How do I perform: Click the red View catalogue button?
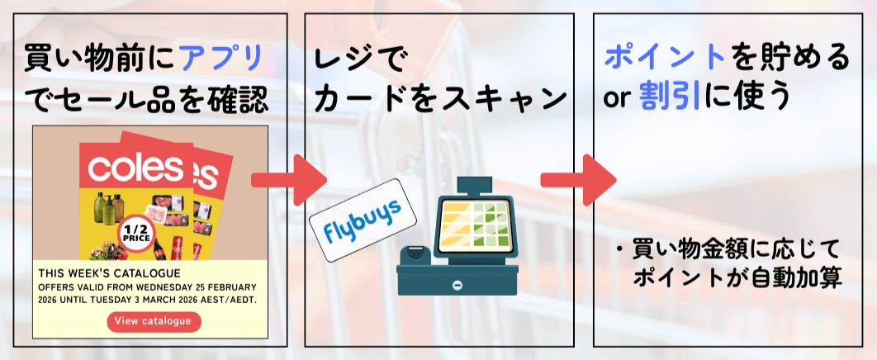[x=154, y=321]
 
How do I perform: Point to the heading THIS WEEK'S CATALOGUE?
[x=110, y=272]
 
